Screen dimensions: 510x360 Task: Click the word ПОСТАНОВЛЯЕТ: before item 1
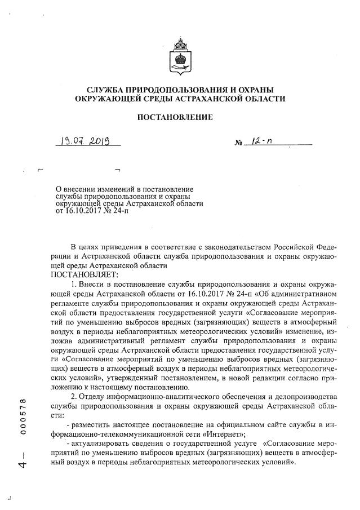click(84, 274)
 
